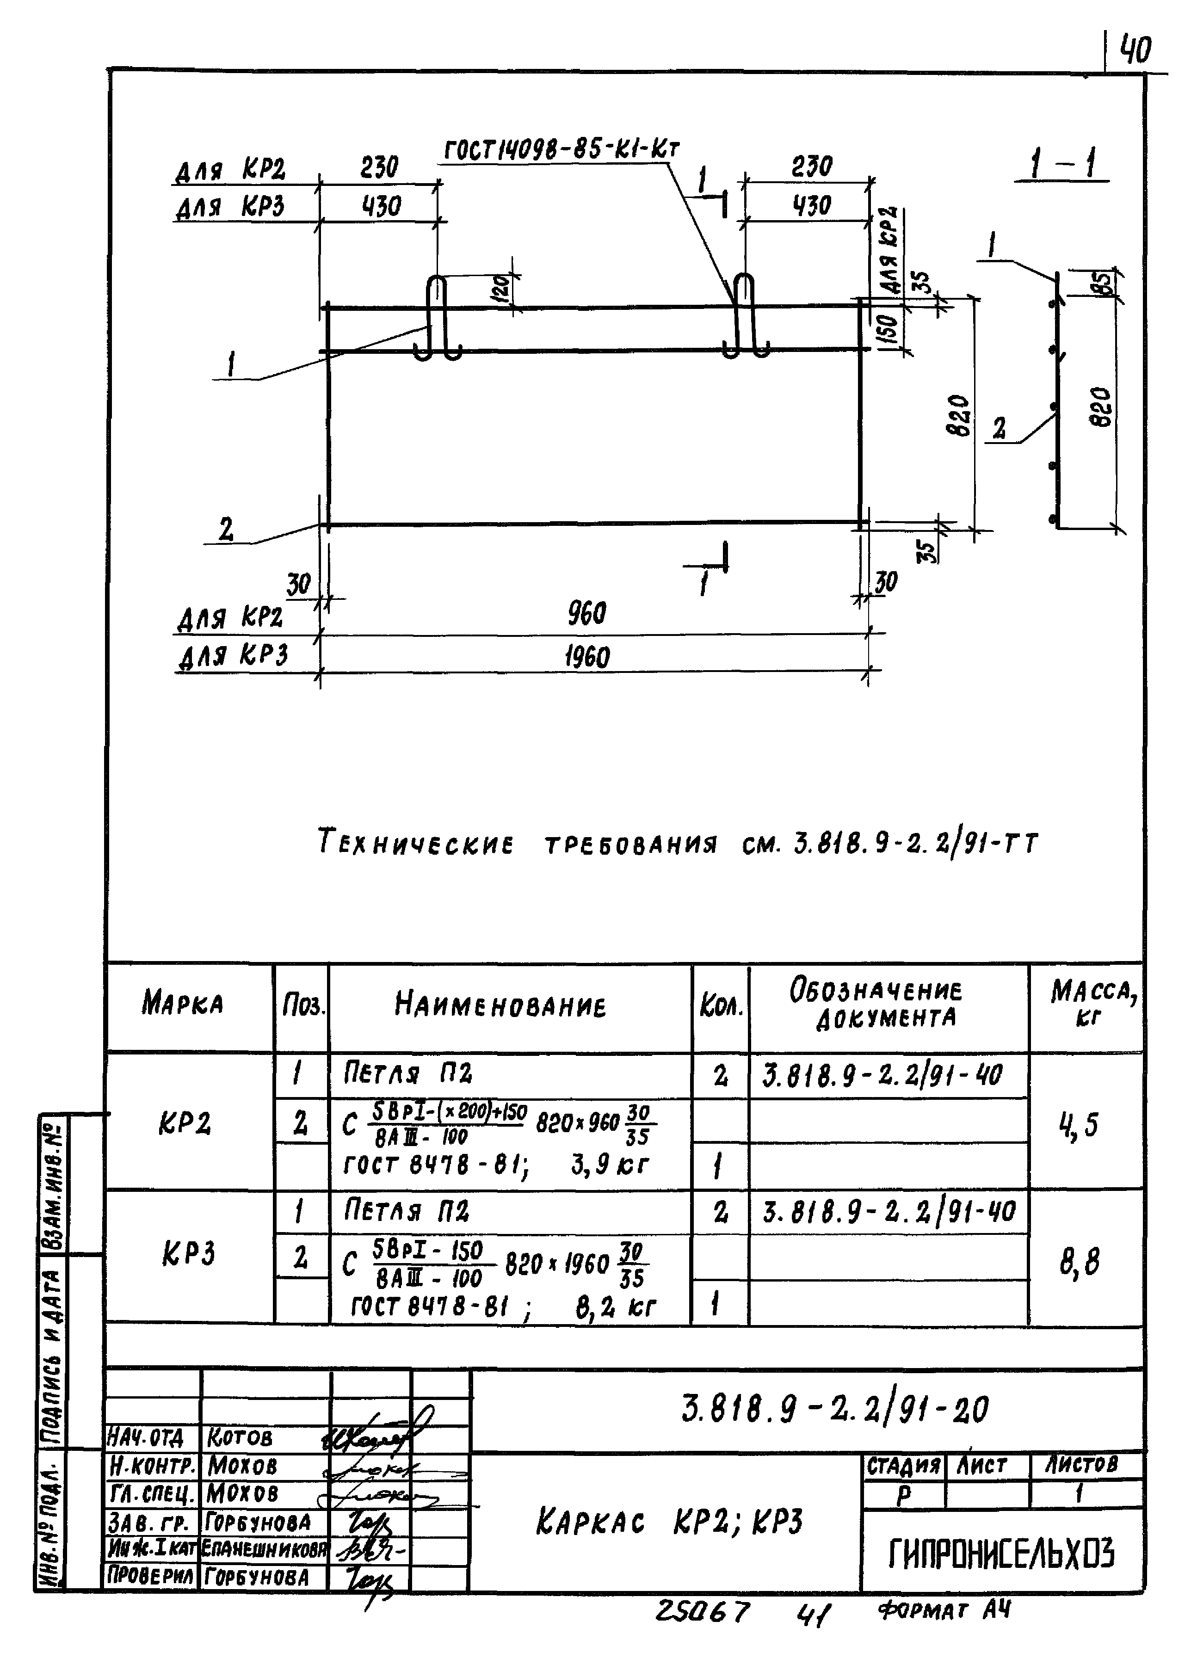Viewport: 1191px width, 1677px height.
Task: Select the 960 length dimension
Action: [x=586, y=614]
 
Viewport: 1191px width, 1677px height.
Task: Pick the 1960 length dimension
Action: [x=586, y=656]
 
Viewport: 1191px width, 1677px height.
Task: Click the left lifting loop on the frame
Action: [x=437, y=320]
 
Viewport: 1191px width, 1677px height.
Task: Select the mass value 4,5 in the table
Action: [x=1079, y=1123]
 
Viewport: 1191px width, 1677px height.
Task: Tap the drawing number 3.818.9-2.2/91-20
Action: [x=834, y=1409]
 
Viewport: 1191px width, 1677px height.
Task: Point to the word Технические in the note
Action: [x=416, y=843]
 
